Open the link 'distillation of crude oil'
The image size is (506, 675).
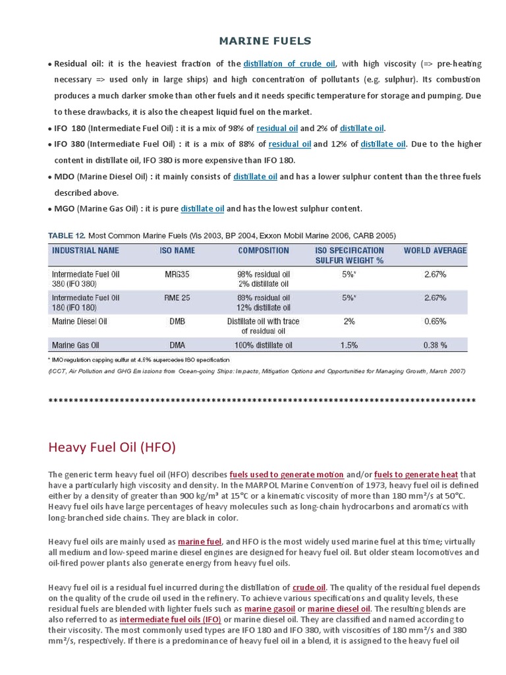coord(289,64)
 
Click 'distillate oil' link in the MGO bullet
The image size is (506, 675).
coord(202,209)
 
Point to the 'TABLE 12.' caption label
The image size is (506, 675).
coord(67,235)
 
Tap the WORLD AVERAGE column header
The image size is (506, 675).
coord(435,250)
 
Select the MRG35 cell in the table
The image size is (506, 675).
coord(177,274)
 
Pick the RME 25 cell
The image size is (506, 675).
coord(177,298)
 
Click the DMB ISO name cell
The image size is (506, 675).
coord(177,322)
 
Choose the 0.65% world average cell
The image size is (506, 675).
coord(435,322)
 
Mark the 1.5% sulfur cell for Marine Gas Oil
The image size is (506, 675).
coord(349,345)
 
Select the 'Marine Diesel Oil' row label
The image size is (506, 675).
coord(79,322)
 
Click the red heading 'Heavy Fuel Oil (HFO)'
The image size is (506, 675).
coord(113,448)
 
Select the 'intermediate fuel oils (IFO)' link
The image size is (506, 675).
coord(170,620)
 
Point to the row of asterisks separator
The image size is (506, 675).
coord(262,400)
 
